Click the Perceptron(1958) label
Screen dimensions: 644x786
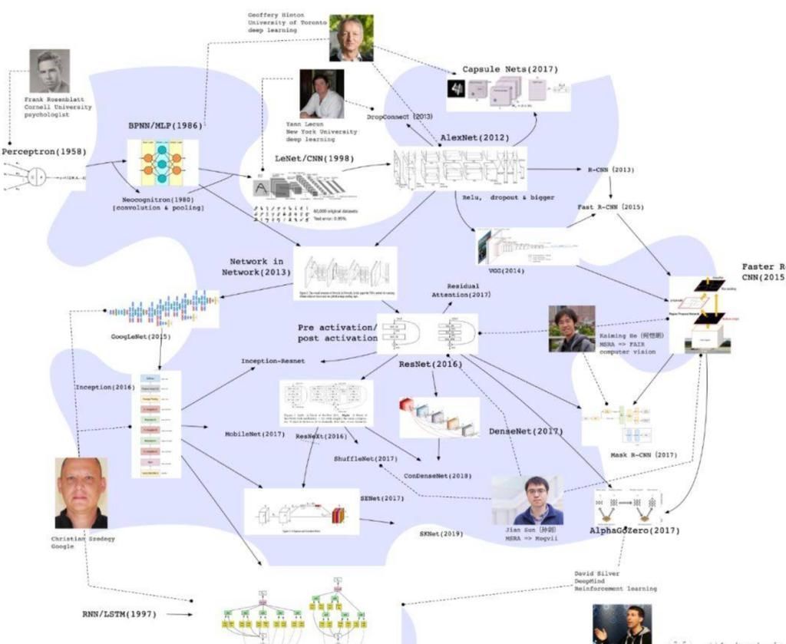[44, 152]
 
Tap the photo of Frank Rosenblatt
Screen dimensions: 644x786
[49, 71]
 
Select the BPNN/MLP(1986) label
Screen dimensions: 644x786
[166, 124]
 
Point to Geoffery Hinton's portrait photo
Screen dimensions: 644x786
[351, 38]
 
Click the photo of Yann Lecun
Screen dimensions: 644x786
[322, 94]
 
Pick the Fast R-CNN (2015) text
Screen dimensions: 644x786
[611, 207]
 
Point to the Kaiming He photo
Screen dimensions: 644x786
[571, 329]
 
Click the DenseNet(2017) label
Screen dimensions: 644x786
[526, 431]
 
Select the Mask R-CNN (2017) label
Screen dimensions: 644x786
[643, 454]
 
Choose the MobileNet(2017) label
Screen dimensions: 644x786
[255, 434]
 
